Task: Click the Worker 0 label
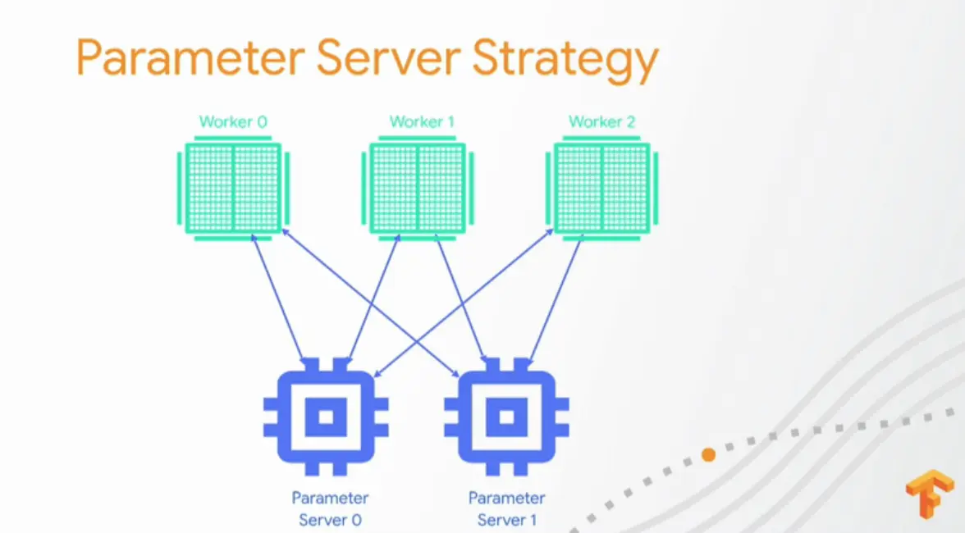[233, 122]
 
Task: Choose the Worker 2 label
[601, 122]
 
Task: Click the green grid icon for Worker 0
[234, 188]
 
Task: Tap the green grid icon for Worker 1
[418, 188]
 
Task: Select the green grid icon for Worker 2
[602, 188]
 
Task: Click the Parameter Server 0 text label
[330, 509]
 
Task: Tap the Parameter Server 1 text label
[506, 509]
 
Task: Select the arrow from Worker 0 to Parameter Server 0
[280, 298]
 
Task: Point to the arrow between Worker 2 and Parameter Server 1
[556, 299]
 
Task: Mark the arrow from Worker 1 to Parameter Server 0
[374, 300]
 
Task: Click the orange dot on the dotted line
[708, 453]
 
